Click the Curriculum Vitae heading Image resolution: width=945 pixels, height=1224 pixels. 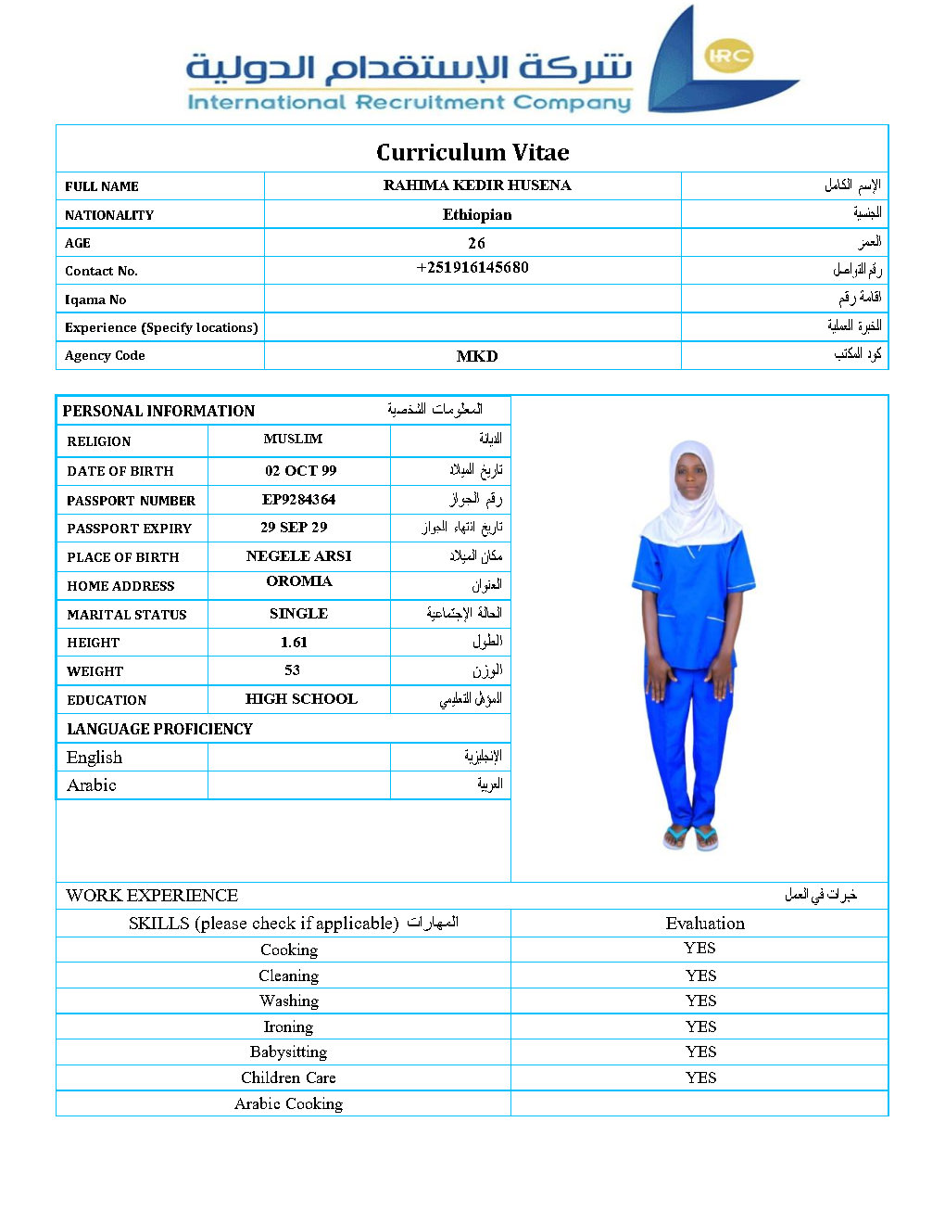click(472, 152)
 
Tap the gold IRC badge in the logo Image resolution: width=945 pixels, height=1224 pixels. click(729, 56)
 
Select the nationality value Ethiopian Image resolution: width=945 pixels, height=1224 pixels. click(477, 214)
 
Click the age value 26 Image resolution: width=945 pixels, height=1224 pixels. click(476, 243)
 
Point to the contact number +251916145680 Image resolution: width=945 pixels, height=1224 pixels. click(472, 268)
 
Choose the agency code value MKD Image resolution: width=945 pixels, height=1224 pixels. click(477, 356)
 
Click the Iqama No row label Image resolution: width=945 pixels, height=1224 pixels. click(95, 300)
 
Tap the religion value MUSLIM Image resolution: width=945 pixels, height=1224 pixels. click(293, 439)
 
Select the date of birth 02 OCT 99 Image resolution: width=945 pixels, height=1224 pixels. click(301, 471)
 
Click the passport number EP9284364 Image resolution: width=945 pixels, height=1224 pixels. click(298, 499)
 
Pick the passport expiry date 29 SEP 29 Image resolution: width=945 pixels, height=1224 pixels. click(294, 527)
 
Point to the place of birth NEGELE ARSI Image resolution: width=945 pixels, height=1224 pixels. click(298, 556)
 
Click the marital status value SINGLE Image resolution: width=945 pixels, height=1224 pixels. click(298, 614)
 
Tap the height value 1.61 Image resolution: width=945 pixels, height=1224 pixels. click(294, 642)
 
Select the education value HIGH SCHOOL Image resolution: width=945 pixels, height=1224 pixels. click(301, 699)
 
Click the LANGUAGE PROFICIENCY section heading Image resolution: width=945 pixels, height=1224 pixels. click(159, 729)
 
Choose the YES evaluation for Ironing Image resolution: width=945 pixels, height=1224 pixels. click(700, 1026)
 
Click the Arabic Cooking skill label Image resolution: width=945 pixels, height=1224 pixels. click(288, 1103)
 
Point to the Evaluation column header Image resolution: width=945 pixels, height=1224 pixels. click(705, 924)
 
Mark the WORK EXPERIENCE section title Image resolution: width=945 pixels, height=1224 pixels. click(152, 896)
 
